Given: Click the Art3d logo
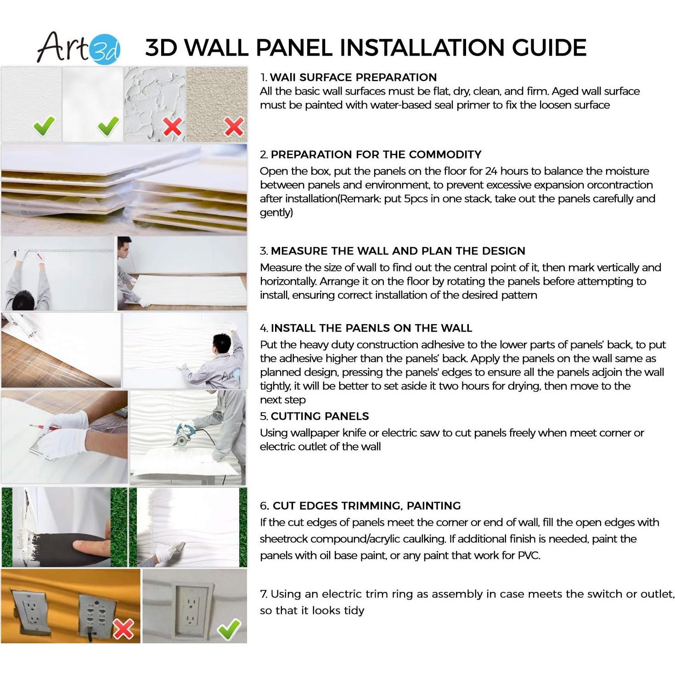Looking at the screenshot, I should pos(79,48).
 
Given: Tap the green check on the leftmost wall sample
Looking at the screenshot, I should pos(44,126).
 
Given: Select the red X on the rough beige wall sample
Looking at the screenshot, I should pos(234,126).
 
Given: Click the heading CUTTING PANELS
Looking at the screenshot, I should pos(320,416).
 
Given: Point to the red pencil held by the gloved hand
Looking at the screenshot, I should pos(44,427).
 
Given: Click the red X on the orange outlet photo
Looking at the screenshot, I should pos(123,629).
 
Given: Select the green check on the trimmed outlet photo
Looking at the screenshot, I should pos(229,629).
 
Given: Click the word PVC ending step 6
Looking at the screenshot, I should pos(528,556).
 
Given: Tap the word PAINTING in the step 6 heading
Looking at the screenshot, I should pos(433,506).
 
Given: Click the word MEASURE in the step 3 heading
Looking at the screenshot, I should pos(299,251).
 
